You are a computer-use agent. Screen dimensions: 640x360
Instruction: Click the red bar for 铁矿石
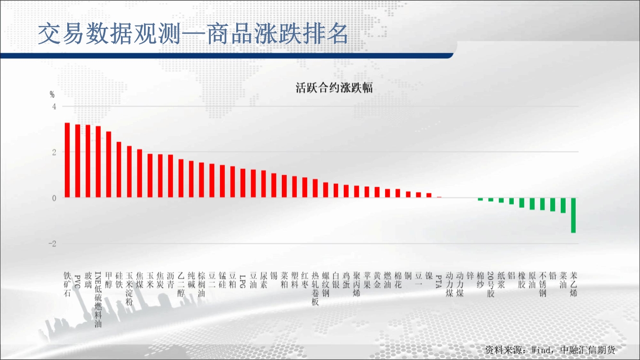tap(67, 160)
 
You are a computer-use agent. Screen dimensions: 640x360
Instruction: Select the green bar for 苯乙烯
tap(573, 215)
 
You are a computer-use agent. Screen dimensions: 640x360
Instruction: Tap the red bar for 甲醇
tap(109, 164)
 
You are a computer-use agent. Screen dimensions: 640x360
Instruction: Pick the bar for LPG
tap(243, 183)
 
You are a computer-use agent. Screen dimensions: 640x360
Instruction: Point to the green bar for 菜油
tap(563, 205)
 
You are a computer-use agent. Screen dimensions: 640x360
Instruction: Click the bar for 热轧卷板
tap(315, 188)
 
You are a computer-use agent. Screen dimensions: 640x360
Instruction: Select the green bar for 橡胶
tap(522, 203)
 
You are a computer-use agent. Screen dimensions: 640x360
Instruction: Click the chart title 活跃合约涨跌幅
tap(334, 88)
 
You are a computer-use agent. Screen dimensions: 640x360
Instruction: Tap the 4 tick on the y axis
tap(54, 107)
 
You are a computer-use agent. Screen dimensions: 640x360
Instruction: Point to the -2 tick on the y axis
tap(52, 244)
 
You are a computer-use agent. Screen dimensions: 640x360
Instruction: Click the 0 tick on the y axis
tap(54, 198)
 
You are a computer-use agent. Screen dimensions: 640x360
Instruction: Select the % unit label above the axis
tap(52, 94)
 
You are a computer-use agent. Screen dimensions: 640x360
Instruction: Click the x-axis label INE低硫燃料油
tap(98, 299)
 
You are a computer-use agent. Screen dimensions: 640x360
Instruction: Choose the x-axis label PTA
tap(439, 281)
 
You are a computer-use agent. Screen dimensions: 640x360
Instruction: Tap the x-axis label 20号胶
tap(491, 284)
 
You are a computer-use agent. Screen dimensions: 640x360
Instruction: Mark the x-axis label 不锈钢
tap(542, 284)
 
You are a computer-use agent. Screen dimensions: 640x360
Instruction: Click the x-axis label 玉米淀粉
tap(129, 288)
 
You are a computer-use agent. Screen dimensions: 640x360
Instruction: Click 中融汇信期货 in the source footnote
tap(588, 350)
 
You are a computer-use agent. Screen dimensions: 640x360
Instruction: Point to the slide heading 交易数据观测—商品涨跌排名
tap(193, 34)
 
